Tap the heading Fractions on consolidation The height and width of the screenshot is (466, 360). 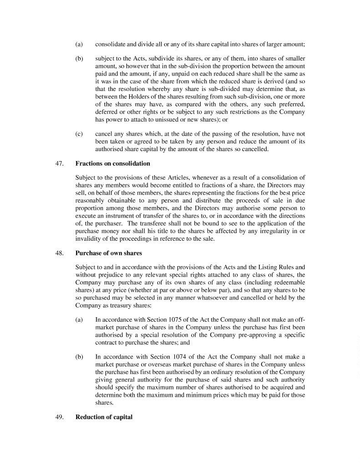pyautogui.click(x=112, y=163)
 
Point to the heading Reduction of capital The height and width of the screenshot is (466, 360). pyautogui.click(x=104, y=416)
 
